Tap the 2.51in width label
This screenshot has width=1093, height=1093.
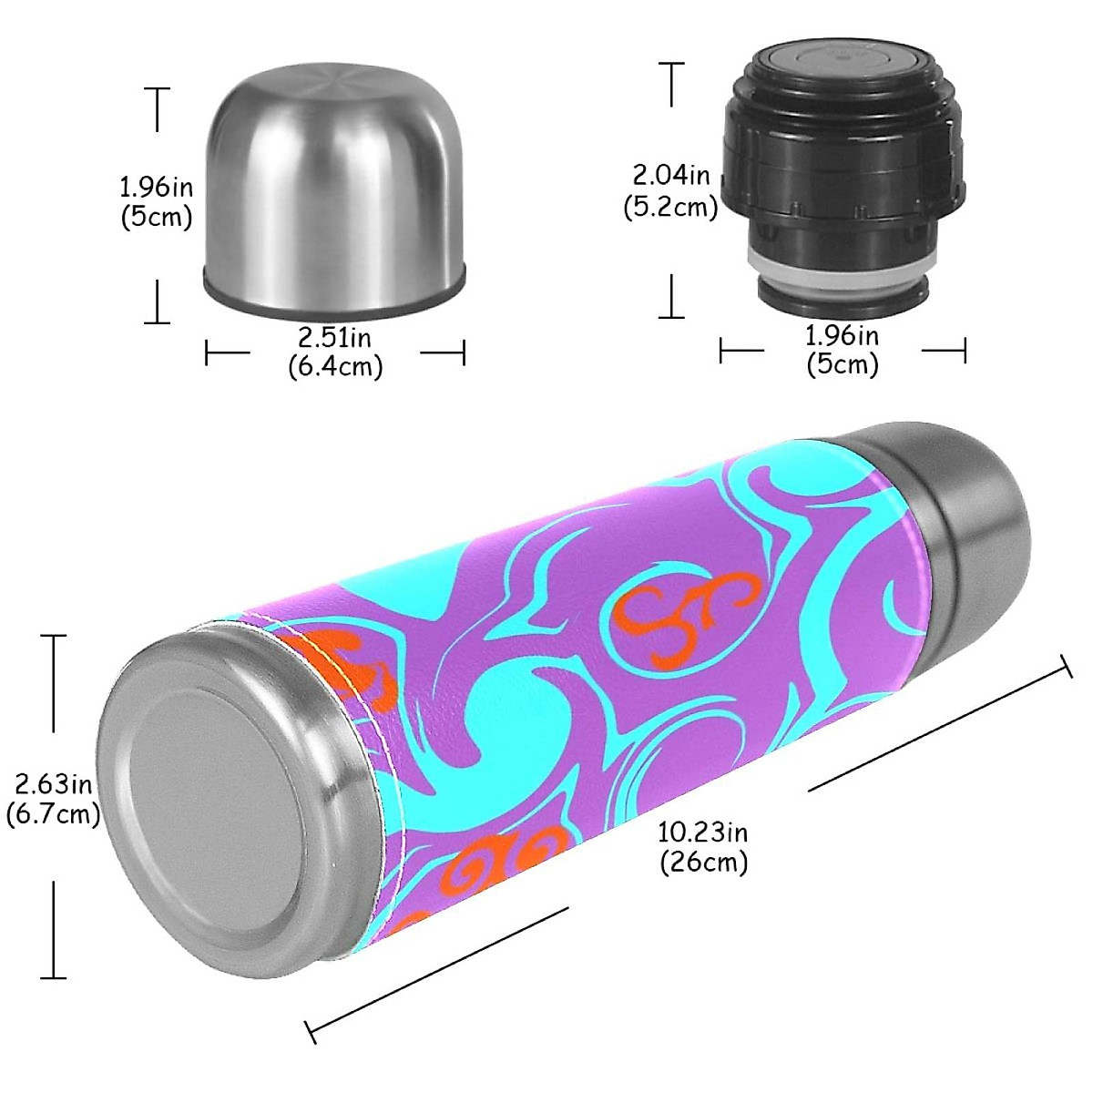click(334, 338)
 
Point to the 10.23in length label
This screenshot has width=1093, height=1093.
click(702, 832)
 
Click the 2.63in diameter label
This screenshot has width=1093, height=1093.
click(53, 783)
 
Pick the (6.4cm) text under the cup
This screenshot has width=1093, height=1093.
click(334, 366)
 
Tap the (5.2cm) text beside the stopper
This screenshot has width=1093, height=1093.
click(670, 208)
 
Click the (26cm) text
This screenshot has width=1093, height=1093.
click(703, 862)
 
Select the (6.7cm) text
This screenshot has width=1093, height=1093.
click(53, 813)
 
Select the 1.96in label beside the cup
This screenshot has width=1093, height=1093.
click(156, 187)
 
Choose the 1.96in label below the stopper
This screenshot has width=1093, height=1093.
click(842, 336)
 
